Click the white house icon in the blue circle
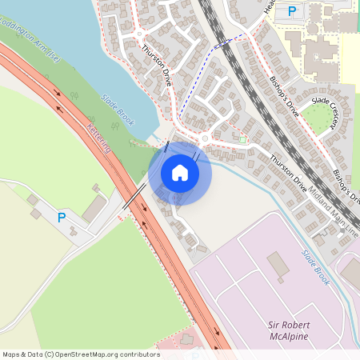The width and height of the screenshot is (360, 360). point(180,171)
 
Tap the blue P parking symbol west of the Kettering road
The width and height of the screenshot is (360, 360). point(62,217)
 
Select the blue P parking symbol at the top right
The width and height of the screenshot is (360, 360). point(292,11)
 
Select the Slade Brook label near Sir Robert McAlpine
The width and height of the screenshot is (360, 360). point(315,266)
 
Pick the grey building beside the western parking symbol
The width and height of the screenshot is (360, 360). point(94,208)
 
